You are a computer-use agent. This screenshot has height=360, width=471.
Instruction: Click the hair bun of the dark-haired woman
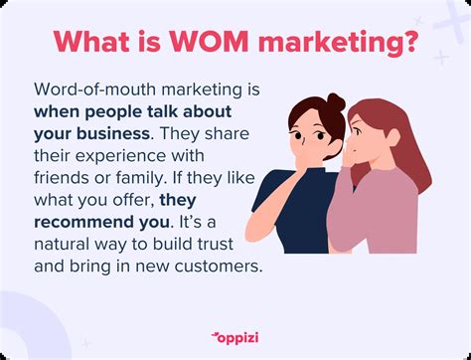[336, 101]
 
